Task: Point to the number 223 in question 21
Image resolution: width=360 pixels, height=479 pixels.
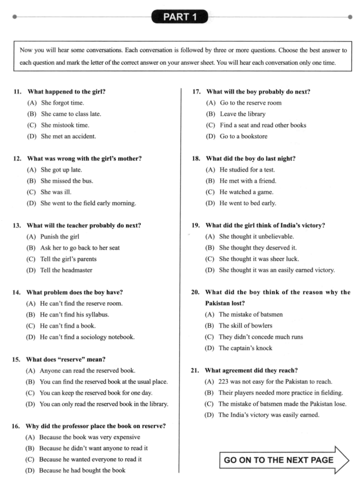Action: (x=226, y=381)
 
